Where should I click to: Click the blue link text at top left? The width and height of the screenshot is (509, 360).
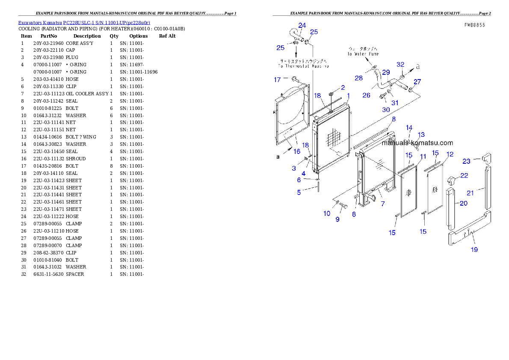pyautogui.click(x=84, y=22)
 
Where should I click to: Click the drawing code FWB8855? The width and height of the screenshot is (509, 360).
pyautogui.click(x=475, y=25)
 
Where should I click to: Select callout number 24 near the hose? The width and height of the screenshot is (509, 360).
pyautogui.click(x=302, y=25)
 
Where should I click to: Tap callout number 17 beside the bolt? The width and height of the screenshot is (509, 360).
pyautogui.click(x=277, y=80)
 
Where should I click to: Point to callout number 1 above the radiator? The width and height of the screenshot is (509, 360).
pyautogui.click(x=349, y=95)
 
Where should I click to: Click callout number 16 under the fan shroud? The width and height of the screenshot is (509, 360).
pyautogui.click(x=297, y=151)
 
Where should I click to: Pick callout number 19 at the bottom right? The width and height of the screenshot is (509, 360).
pyautogui.click(x=474, y=249)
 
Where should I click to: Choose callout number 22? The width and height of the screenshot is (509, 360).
pyautogui.click(x=464, y=176)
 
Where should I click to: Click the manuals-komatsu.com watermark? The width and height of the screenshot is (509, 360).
pyautogui.click(x=417, y=143)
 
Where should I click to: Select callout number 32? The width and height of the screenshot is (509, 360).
pyautogui.click(x=400, y=65)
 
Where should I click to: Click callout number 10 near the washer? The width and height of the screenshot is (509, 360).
pyautogui.click(x=327, y=213)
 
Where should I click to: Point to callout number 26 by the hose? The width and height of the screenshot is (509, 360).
pyautogui.click(x=366, y=95)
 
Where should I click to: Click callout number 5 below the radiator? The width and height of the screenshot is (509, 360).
pyautogui.click(x=299, y=192)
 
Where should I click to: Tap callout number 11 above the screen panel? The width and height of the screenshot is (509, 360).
pyautogui.click(x=423, y=157)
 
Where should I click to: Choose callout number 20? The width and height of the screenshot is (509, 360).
pyautogui.click(x=464, y=204)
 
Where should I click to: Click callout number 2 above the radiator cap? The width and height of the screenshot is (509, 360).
pyautogui.click(x=343, y=87)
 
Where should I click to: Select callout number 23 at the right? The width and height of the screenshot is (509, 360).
pyautogui.click(x=466, y=161)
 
